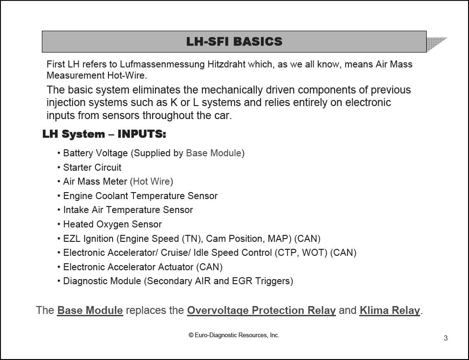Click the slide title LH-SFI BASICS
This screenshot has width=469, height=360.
[x=234, y=41]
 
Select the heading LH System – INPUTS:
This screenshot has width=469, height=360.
[x=104, y=134]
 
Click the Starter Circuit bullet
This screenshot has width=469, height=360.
[x=92, y=167]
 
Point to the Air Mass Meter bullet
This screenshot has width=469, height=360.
[x=95, y=181]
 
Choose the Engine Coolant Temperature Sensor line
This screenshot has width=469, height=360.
[x=140, y=196]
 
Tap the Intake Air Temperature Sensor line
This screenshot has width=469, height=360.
[x=128, y=210]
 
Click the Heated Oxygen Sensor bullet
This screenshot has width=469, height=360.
[x=112, y=224]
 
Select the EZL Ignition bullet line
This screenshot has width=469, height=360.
[x=191, y=239]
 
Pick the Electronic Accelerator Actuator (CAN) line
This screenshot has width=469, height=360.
[x=142, y=267]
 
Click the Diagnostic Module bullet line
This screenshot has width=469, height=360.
[x=178, y=281]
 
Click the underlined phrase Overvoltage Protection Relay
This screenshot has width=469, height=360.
[x=261, y=310]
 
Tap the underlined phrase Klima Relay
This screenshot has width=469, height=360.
[x=389, y=310]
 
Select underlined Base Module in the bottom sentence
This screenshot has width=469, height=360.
[x=90, y=310]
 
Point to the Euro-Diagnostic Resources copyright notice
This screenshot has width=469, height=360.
[x=234, y=335]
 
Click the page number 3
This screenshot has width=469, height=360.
[x=446, y=338]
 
